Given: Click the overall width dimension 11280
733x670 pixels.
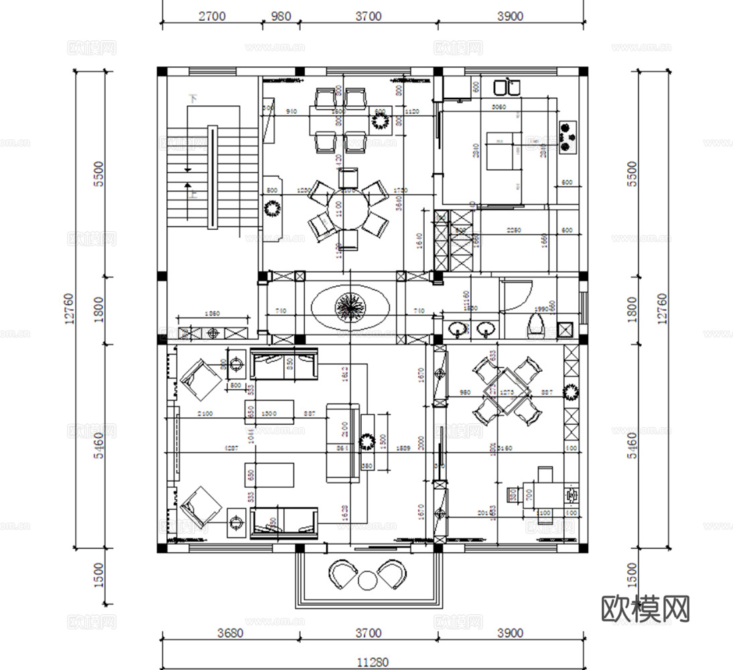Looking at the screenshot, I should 372,662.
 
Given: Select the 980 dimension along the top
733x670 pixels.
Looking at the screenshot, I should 280,16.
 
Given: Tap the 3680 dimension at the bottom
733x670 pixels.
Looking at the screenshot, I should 230,632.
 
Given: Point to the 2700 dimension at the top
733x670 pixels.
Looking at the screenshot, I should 212,16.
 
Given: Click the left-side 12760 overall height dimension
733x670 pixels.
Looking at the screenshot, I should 70,308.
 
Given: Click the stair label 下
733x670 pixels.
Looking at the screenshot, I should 194,98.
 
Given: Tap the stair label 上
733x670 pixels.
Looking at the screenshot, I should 194,195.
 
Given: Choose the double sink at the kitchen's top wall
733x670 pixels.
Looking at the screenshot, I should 507,87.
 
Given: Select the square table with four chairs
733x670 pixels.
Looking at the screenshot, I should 507,391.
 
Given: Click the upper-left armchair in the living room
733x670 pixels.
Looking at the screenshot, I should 198,379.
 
